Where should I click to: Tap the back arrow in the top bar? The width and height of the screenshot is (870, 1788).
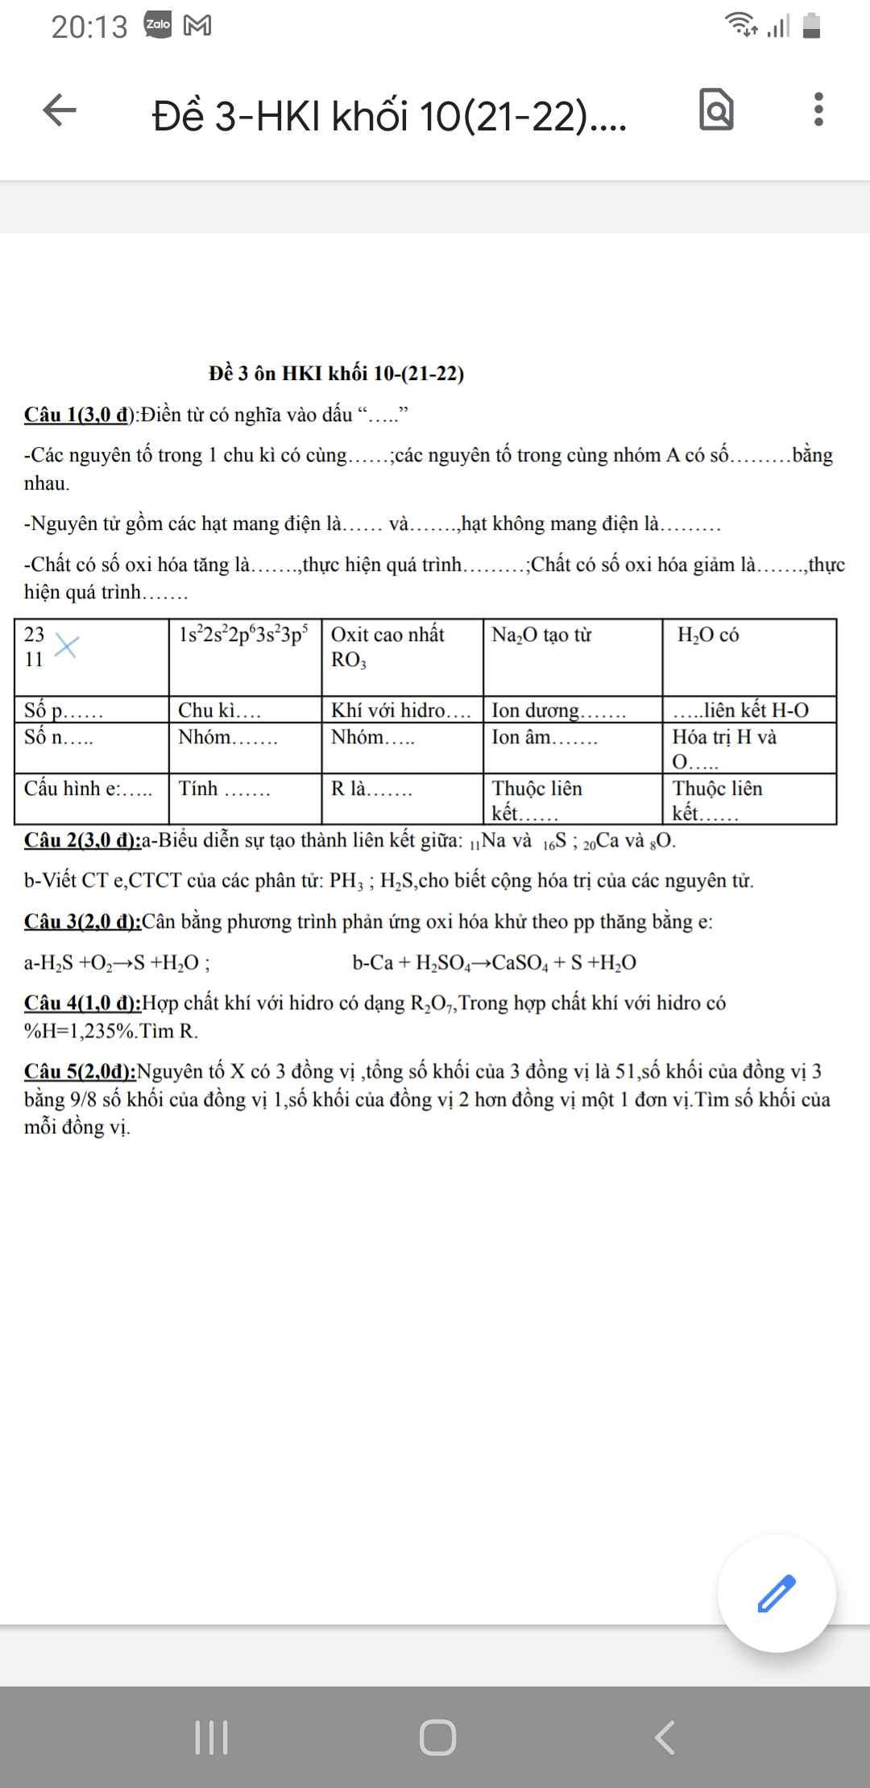point(60,110)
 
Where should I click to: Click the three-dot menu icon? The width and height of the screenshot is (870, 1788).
point(818,110)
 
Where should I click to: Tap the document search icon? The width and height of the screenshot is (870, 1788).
point(716,110)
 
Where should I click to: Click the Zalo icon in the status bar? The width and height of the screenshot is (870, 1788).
point(158,25)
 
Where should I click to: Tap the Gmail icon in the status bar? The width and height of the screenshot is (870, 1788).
point(197,26)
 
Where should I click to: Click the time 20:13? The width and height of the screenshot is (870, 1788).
point(89,27)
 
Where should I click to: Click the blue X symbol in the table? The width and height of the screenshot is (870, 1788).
point(66,646)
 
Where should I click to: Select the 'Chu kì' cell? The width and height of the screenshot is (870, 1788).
point(244,710)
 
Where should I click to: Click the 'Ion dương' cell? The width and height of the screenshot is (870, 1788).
point(572,710)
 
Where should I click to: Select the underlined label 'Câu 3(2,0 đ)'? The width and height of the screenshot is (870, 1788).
point(82,921)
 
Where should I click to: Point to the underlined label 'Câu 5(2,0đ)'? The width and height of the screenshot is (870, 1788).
point(80,1071)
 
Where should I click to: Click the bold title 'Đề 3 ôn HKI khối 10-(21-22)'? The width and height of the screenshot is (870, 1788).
point(336,374)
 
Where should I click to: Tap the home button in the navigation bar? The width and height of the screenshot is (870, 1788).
point(437,1737)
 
